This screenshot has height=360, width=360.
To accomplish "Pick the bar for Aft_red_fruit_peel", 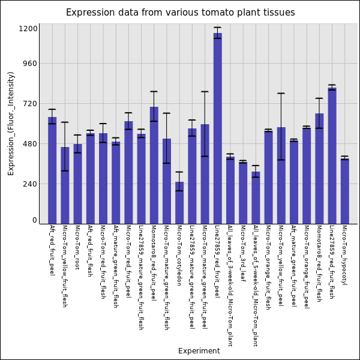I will click(x=52, y=170).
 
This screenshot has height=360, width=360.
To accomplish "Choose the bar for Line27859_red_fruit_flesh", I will click(x=332, y=156).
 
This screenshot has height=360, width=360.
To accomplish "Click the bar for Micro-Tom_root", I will click(x=77, y=184).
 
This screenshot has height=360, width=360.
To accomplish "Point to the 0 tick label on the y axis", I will click(x=35, y=220).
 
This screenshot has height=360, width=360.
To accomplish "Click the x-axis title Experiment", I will click(x=199, y=351).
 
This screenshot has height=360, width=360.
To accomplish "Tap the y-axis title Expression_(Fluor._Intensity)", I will click(x=11, y=123).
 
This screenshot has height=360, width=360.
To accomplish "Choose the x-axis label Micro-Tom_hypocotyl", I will click(x=344, y=255).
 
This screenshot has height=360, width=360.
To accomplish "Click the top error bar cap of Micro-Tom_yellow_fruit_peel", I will click(x=281, y=94).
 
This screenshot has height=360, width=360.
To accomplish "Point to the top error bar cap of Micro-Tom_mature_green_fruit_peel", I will click(x=205, y=92).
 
